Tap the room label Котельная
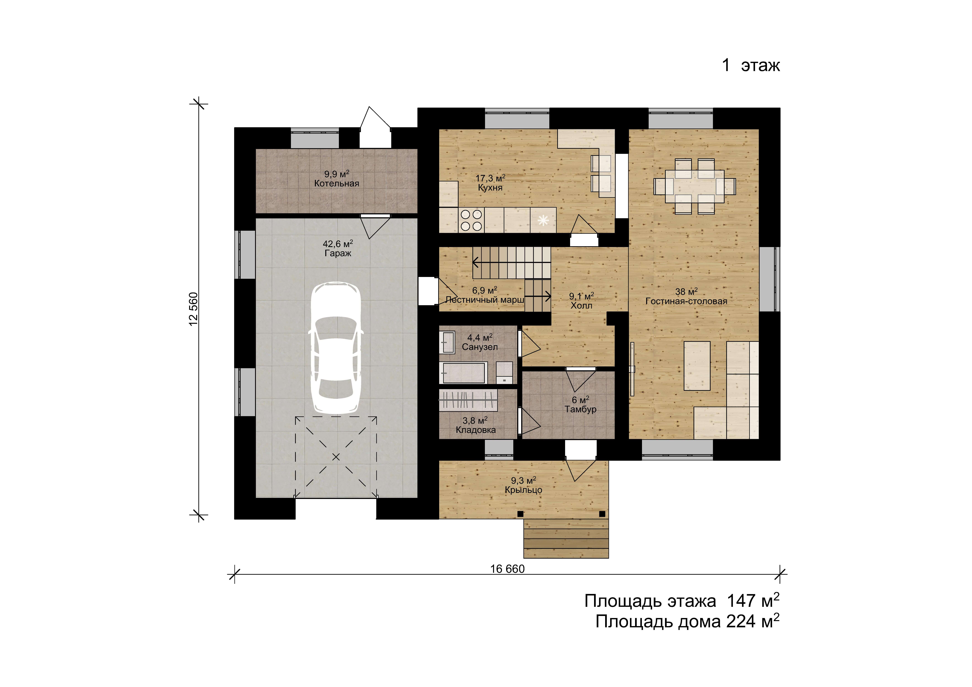(337, 183)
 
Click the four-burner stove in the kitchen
(471, 220)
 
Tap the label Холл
(581, 306)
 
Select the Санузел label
(480, 347)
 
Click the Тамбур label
(580, 409)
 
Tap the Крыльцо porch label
(523, 490)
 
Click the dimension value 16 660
(507, 569)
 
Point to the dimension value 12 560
(193, 309)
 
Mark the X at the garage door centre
(336, 457)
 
